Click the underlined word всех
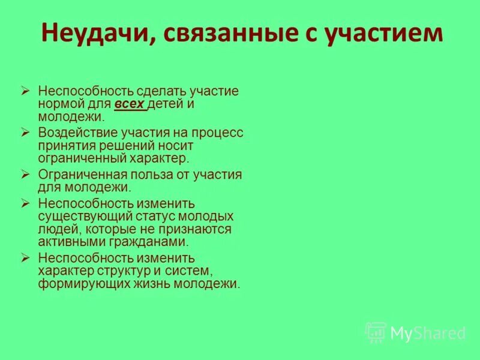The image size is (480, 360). coord(130,104)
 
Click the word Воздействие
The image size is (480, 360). coord(74,133)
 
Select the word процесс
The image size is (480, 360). coord(217,133)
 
